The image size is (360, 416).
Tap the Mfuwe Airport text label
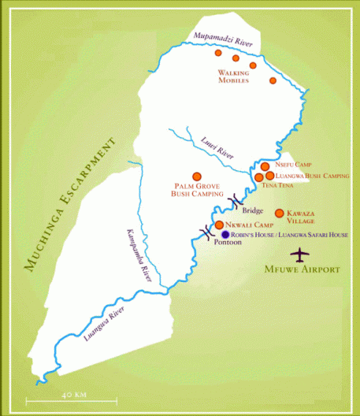(302, 269)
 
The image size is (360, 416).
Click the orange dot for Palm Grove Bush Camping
(196, 176)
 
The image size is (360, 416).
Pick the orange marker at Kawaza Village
(279, 214)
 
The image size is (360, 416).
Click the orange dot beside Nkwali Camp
(219, 225)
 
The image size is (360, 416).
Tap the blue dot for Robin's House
(225, 235)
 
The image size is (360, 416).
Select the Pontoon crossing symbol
(206, 232)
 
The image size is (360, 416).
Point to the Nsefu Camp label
(293, 165)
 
